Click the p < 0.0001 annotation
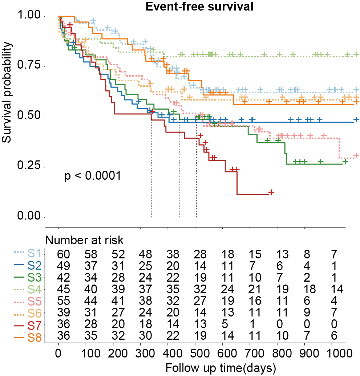92,176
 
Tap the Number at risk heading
85,240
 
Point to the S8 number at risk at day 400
168,336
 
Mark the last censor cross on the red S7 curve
271,192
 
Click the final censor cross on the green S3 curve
345,162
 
